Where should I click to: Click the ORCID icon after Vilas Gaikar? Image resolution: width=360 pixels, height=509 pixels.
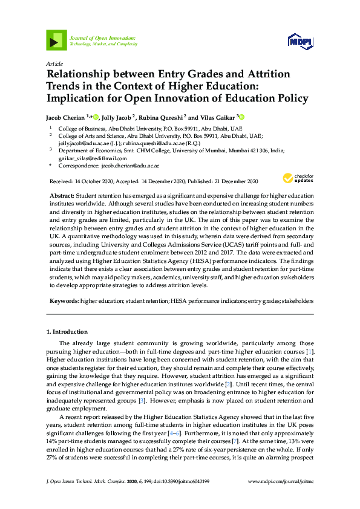[x=241, y=117]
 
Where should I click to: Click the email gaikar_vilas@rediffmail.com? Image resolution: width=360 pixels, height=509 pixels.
[x=92, y=158]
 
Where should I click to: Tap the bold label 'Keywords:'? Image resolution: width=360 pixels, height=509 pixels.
[x=64, y=300]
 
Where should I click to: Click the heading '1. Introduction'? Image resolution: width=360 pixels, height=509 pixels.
[x=67, y=332]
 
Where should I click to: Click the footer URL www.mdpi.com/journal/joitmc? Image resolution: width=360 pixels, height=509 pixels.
[x=281, y=497]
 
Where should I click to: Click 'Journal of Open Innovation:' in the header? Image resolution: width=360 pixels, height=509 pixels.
[x=102, y=37]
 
